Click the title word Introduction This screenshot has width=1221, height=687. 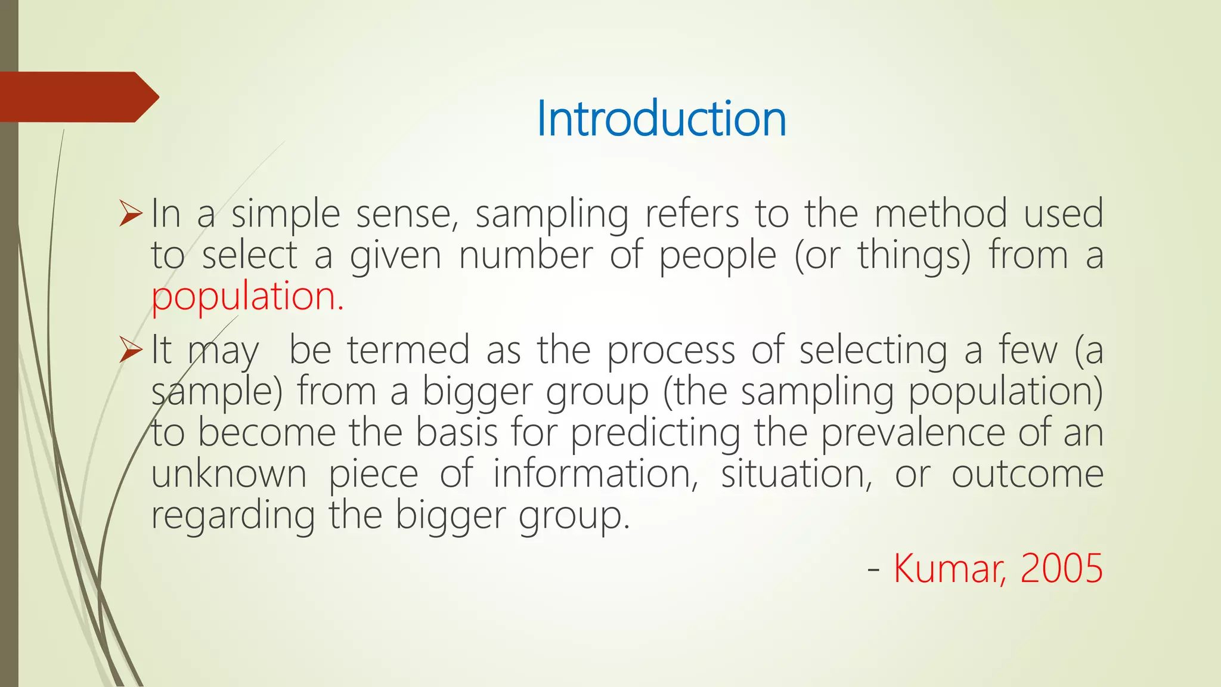[661, 119]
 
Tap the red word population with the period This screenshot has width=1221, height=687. [247, 296]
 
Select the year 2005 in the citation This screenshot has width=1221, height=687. [1061, 568]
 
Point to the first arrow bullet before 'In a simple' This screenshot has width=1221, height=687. [131, 214]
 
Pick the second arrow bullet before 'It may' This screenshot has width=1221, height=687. [131, 350]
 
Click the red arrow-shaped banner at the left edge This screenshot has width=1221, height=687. [78, 97]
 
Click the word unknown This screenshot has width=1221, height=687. [229, 474]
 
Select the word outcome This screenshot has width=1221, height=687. [1027, 474]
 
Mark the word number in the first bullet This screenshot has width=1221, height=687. [525, 256]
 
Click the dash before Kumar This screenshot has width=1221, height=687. [873, 569]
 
